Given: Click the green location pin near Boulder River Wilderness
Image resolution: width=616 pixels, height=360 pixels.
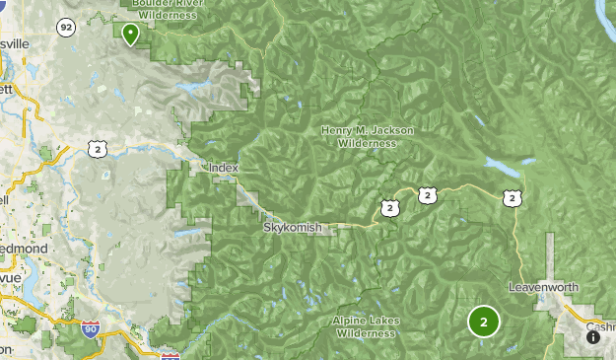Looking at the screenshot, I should [x=130, y=34].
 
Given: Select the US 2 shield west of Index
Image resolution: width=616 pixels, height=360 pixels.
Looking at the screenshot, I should [x=96, y=149].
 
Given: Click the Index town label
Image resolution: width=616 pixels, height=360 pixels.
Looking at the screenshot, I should [x=224, y=168].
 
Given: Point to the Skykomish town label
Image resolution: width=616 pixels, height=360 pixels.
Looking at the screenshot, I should [x=293, y=227].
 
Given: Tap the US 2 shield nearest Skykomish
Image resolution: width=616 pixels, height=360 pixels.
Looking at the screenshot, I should [x=390, y=207].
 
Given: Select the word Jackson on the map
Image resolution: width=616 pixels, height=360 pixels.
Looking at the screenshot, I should [x=392, y=130].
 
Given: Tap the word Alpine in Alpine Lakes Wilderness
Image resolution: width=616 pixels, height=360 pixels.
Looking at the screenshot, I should [x=351, y=321].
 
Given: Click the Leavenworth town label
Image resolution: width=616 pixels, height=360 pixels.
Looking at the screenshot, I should [x=543, y=287].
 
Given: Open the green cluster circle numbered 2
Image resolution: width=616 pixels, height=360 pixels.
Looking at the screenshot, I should [x=483, y=322].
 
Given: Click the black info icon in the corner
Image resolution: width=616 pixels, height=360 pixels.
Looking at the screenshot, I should [x=593, y=337].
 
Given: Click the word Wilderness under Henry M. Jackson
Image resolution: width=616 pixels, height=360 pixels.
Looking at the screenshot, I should [x=367, y=143].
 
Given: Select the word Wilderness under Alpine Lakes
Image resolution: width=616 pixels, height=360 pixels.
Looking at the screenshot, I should [x=367, y=333].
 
